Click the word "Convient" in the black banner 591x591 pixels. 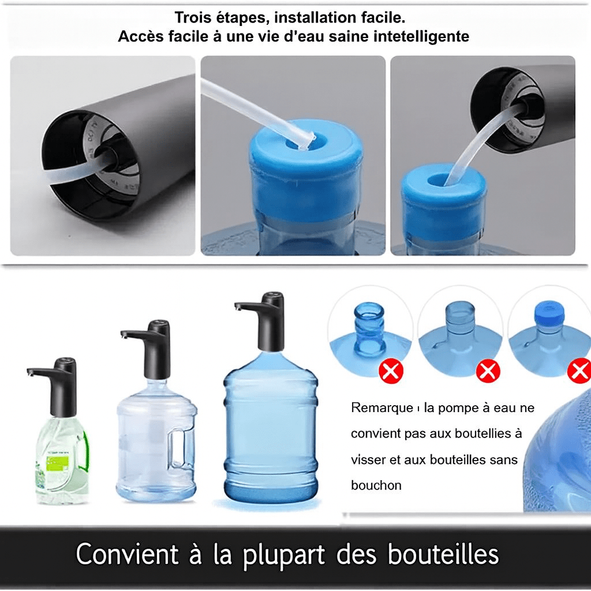[127, 555]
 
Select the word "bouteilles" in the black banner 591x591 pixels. [443, 555]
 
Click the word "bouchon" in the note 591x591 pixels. [376, 485]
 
